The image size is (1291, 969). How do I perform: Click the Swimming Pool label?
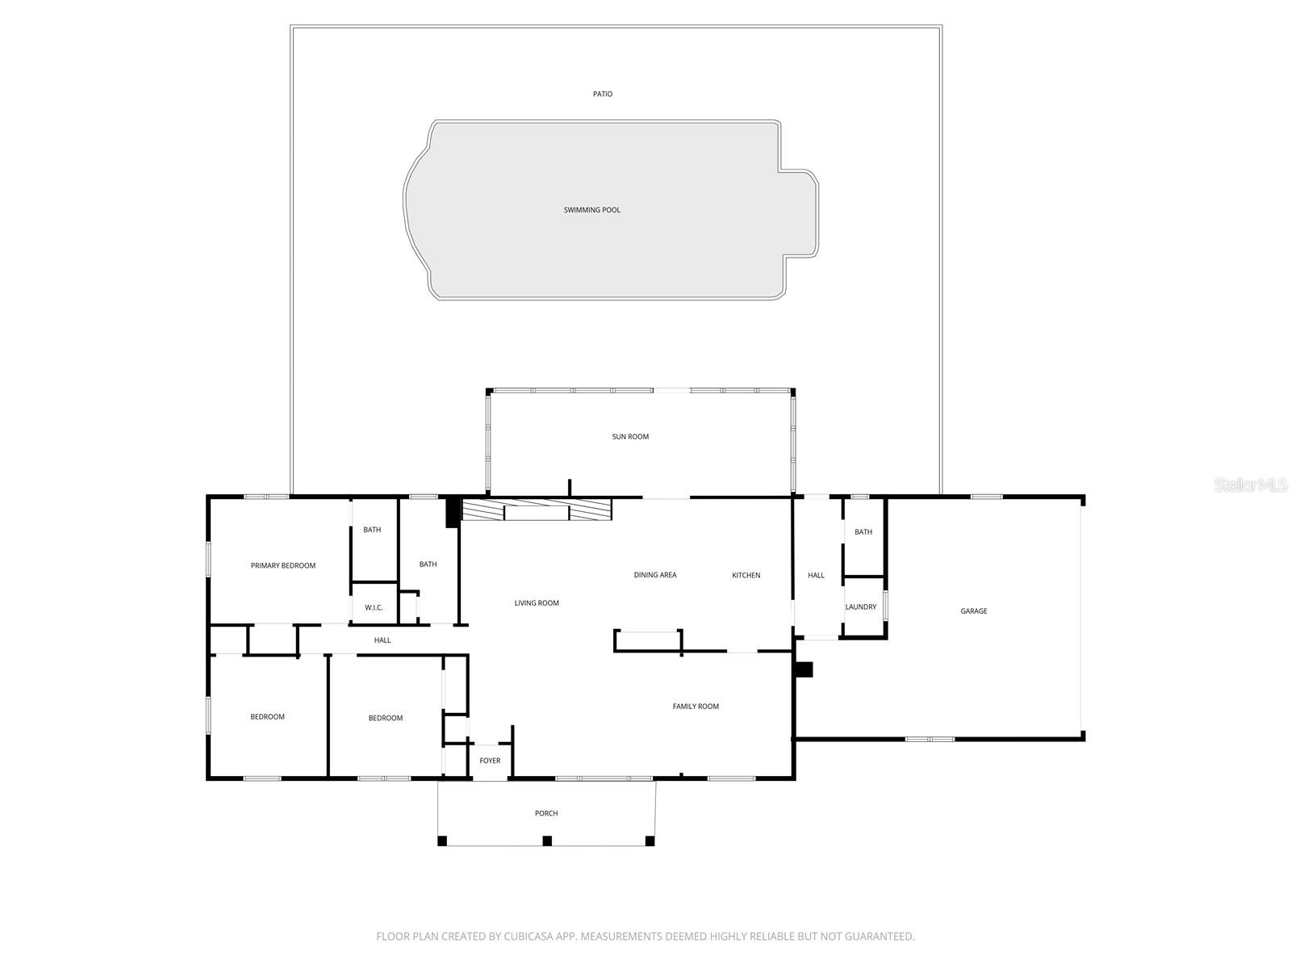pos(592,210)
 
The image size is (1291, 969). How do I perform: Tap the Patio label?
pos(603,94)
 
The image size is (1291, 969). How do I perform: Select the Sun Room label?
pos(630,437)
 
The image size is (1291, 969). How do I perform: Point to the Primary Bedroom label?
pos(283,565)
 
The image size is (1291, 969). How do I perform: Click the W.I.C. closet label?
pos(374,607)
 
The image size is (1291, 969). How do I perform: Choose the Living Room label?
pos(537,603)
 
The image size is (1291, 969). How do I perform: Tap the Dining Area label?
pos(655,575)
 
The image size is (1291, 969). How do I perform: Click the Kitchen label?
pos(746,575)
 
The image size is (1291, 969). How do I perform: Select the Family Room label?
pos(696,707)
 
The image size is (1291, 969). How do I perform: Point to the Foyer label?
pos(490,761)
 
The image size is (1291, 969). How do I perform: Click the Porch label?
pos(546,813)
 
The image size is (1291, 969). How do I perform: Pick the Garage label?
pos(974,611)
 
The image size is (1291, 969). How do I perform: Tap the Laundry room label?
pos(861,607)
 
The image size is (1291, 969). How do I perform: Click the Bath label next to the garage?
pos(863,532)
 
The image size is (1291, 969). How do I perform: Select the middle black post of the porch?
pos(547,841)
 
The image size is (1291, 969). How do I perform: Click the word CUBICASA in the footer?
pos(528,937)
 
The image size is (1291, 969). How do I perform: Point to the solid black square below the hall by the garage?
pos(804,669)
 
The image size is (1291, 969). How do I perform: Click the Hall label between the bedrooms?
pos(382,640)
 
